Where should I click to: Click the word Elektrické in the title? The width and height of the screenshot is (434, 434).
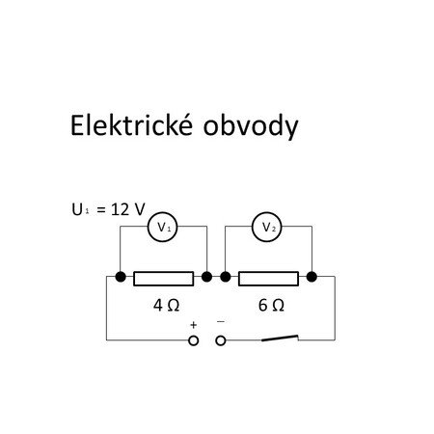pos(131,124)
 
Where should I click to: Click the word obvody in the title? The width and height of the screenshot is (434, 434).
pos(251,126)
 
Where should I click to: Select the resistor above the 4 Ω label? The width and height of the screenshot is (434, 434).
pos(164,279)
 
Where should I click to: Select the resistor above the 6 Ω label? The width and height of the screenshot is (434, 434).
pos(268,279)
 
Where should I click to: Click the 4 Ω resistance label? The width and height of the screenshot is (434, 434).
pos(166,305)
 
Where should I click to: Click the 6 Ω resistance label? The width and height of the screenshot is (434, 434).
pos(271,305)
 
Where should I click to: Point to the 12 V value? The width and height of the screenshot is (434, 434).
pos(128,209)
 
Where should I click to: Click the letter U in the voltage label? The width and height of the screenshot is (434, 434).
pos(77,209)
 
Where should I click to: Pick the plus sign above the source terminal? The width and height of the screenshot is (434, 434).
pos(193,325)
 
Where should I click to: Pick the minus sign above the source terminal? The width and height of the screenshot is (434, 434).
pos(221,321)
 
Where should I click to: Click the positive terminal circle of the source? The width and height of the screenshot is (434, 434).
pos(193,340)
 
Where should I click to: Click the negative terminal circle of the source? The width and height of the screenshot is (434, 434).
pos(221,340)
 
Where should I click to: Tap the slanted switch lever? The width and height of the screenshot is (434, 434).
pos(280,338)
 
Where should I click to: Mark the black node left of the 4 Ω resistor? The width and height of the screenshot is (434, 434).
pos(121,277)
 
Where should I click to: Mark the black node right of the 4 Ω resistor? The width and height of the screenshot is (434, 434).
pos(206,277)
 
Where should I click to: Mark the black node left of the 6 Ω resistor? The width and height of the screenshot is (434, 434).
pos(226,277)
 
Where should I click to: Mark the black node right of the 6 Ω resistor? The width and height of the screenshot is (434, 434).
pos(312,277)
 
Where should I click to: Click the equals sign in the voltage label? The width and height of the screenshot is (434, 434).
pos(101,210)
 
